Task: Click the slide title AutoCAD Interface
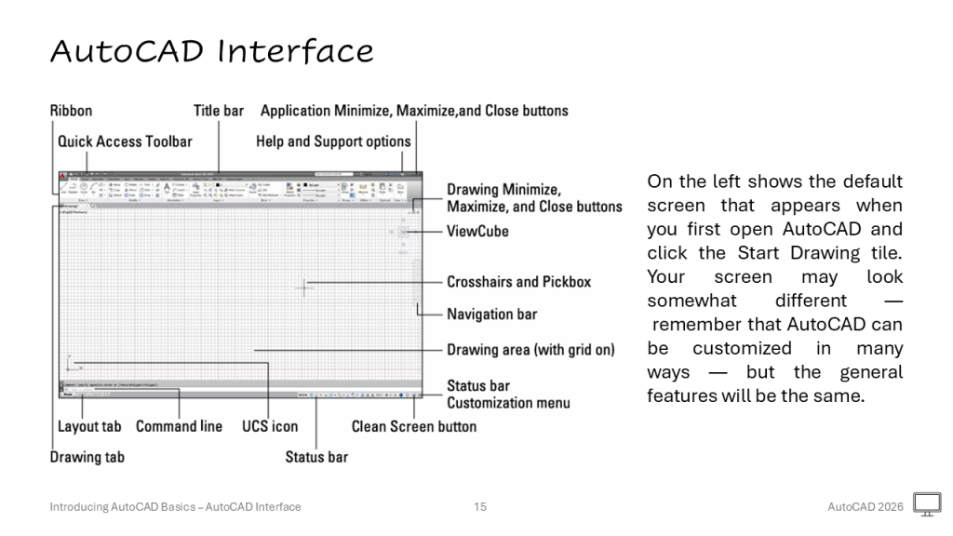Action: (211, 51)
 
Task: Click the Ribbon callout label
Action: (71, 111)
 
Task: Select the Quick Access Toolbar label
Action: (125, 141)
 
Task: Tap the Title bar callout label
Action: (219, 111)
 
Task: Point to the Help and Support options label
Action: (333, 141)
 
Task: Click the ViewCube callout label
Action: (477, 231)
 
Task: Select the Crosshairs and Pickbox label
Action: (518, 282)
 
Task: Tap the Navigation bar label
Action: (491, 315)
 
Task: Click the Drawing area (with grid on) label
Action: (530, 350)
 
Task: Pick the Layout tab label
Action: (89, 426)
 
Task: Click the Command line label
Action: (179, 426)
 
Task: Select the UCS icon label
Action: (271, 426)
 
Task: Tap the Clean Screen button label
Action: (413, 426)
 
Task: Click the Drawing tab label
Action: (87, 457)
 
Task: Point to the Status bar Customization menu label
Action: (508, 395)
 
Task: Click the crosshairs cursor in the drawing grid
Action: (304, 288)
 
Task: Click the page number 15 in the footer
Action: (480, 507)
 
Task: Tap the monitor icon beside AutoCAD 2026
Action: (927, 504)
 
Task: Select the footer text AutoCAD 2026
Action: (866, 507)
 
